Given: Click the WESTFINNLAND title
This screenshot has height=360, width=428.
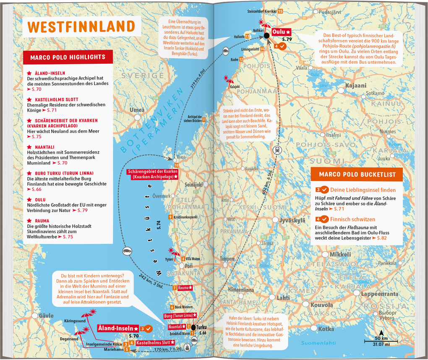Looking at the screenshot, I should pyautogui.click(x=81, y=26).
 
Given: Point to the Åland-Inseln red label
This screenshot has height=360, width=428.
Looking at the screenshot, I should pyautogui.click(x=119, y=328).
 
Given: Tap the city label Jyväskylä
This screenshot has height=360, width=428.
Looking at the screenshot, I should pyautogui.click(x=291, y=220).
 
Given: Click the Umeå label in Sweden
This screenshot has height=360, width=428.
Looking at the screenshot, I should pyautogui.click(x=137, y=110).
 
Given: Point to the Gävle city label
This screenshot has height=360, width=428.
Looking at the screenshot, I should pyautogui.click(x=47, y=315).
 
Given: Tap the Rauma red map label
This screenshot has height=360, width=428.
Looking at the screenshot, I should pyautogui.click(x=185, y=288).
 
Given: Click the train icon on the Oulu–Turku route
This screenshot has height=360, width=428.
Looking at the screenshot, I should pyautogui.click(x=277, y=150).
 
